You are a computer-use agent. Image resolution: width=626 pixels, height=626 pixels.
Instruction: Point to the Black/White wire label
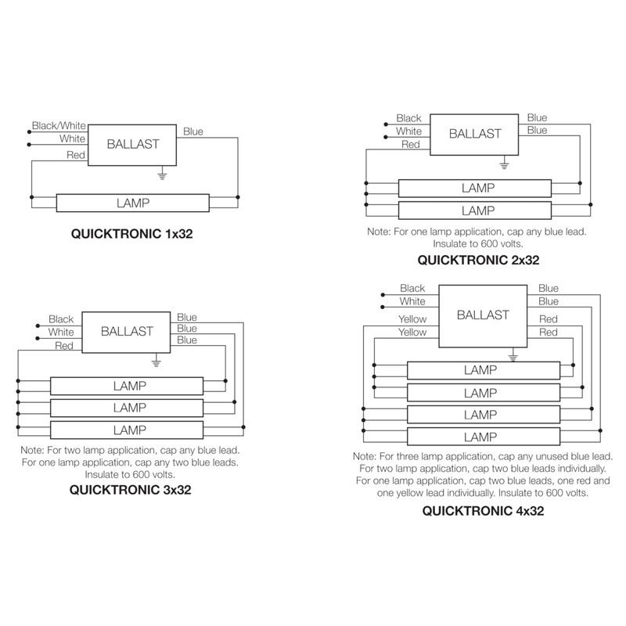click(x=59, y=126)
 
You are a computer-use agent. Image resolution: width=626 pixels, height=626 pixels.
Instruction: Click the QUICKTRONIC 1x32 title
click(x=131, y=233)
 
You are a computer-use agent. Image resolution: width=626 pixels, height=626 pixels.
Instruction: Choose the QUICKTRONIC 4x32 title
click(x=483, y=511)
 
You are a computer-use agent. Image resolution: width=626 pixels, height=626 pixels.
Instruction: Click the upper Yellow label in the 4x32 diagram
click(x=412, y=319)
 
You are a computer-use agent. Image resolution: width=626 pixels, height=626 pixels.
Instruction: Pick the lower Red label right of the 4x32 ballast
click(x=549, y=332)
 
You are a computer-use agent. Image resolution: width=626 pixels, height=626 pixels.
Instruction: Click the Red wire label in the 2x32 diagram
click(x=410, y=145)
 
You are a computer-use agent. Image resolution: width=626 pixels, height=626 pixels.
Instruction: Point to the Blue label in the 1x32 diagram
click(x=193, y=131)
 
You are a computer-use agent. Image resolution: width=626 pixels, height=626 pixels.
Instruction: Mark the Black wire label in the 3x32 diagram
click(x=61, y=319)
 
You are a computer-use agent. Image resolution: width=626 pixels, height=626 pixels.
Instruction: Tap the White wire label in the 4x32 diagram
click(x=412, y=301)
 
